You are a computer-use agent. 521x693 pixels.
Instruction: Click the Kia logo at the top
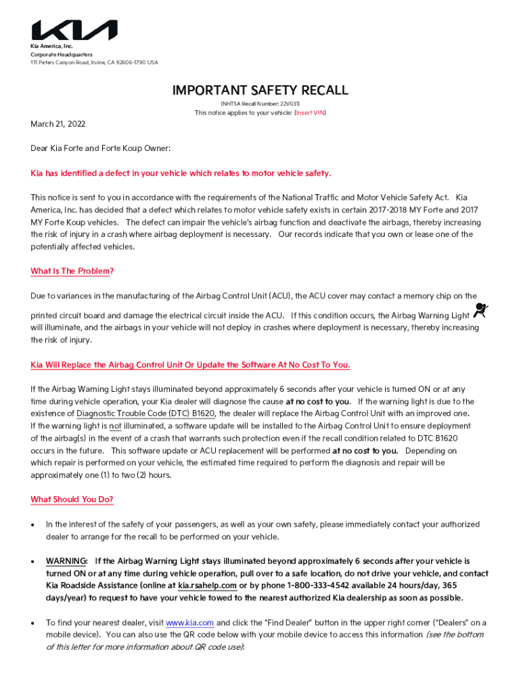pos(74,30)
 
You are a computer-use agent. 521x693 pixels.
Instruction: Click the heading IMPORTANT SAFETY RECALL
pos(260,90)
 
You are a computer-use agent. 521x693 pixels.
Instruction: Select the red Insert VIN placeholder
pos(309,113)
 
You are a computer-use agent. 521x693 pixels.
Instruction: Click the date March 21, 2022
pos(58,125)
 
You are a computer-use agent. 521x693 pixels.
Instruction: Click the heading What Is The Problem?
pos(72,271)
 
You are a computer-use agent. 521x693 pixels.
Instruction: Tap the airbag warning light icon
pos(480,312)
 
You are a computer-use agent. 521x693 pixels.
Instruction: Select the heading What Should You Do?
pos(72,499)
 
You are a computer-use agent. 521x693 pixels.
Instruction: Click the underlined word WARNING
pos(66,561)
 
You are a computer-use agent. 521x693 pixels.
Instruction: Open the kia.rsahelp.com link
pos(207,585)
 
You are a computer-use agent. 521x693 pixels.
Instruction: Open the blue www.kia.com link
pos(189,623)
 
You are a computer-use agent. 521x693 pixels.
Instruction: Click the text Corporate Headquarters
pos(61,54)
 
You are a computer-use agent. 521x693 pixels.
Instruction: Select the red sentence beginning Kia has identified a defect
pos(181,173)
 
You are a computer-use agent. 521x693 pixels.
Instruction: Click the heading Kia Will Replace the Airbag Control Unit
pos(190,365)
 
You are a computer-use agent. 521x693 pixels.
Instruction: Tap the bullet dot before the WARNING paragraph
pos(33,562)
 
